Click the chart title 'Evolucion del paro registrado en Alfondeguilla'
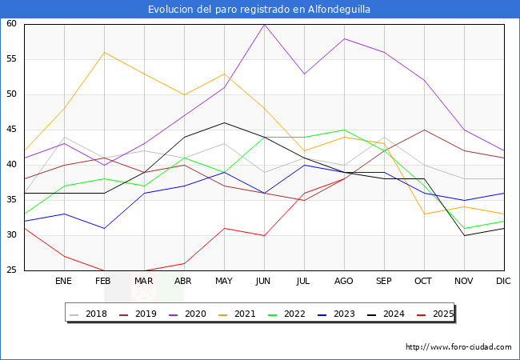tap(259, 10)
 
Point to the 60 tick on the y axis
tap(12, 24)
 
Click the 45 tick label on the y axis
tap(12, 130)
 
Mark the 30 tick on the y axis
tap(12, 235)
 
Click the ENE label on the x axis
tap(63, 282)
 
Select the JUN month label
tap(264, 282)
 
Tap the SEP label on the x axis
tap(384, 282)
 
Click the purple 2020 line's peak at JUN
tap(264, 24)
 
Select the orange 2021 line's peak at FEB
tap(104, 52)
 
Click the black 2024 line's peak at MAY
tap(224, 122)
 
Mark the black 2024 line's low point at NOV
tap(464, 235)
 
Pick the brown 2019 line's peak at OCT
tap(424, 130)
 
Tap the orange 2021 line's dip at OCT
tap(424, 214)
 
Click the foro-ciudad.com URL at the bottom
tap(458, 347)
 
